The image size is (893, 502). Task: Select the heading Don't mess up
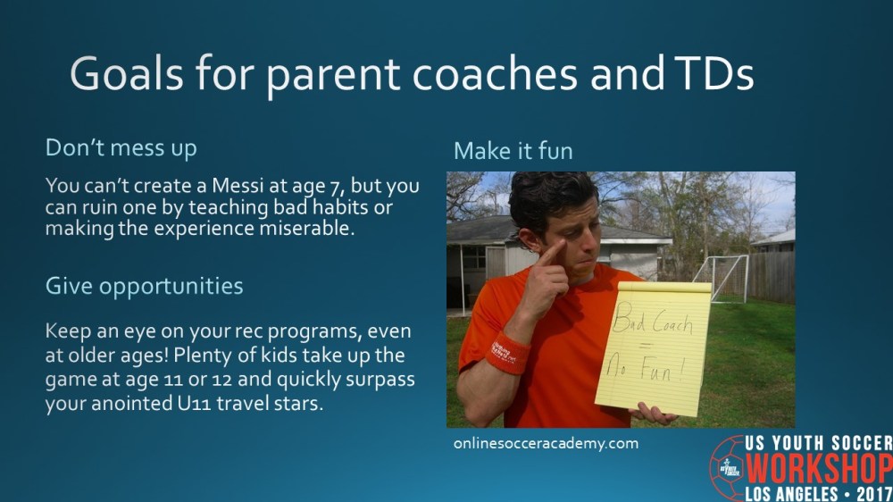pyautogui.click(x=121, y=147)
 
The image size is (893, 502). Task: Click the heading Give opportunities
pyautogui.click(x=144, y=287)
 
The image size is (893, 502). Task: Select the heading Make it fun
pyautogui.click(x=513, y=150)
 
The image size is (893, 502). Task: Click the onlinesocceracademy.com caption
pyautogui.click(x=546, y=443)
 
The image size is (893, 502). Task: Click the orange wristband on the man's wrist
pyautogui.click(x=506, y=352)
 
